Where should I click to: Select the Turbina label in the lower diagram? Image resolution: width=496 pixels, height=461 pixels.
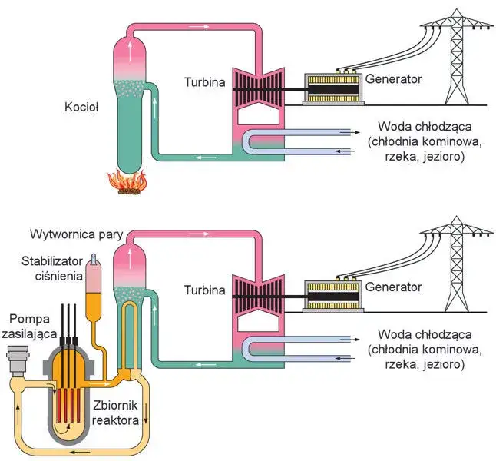(205, 290)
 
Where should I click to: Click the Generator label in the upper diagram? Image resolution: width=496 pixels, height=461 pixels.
(394, 78)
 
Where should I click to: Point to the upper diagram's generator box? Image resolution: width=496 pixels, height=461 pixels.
(333, 89)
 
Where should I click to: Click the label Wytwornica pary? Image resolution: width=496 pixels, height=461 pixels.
(76, 234)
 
